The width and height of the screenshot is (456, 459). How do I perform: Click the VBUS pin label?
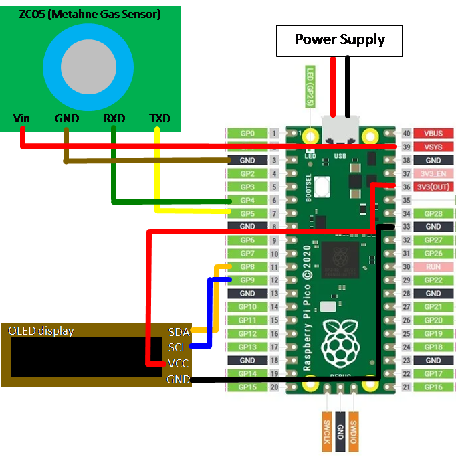click(x=433, y=134)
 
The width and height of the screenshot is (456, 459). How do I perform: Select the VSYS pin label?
click(x=433, y=147)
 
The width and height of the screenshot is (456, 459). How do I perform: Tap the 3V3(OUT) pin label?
click(x=433, y=187)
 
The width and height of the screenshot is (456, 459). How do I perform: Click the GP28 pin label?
click(x=433, y=213)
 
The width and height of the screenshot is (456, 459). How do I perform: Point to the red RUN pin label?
click(x=433, y=266)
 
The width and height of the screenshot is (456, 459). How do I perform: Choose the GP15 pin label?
click(x=247, y=387)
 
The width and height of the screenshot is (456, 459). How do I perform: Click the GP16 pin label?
click(x=433, y=387)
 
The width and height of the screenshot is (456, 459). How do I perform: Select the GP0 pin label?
click(x=247, y=134)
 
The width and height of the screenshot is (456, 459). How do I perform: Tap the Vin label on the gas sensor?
click(x=21, y=118)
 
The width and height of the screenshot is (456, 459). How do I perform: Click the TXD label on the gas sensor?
click(x=160, y=118)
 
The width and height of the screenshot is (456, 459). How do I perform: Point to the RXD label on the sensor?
click(x=114, y=118)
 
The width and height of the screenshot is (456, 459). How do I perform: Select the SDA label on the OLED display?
click(x=179, y=331)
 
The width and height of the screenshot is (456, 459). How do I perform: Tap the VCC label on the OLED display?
click(x=178, y=363)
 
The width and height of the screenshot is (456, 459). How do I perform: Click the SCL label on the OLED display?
click(x=178, y=347)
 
